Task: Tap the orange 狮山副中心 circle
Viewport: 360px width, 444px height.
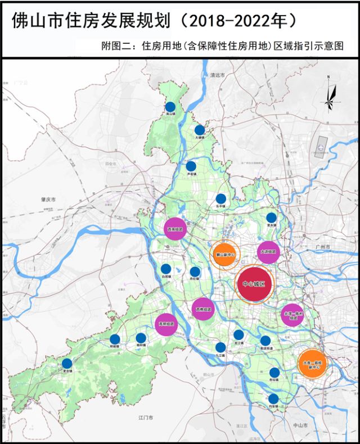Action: [x=226, y=255]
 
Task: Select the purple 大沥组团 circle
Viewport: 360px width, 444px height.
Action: [x=268, y=252]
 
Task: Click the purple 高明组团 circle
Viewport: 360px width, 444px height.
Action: [x=166, y=324]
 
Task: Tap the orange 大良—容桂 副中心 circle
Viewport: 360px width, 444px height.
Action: [x=311, y=363]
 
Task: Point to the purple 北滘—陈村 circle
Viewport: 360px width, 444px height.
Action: [x=292, y=315]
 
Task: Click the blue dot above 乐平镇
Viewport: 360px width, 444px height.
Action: [x=221, y=198]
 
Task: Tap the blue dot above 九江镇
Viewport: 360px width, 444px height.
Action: [x=220, y=347]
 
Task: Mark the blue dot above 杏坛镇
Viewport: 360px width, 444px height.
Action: [x=274, y=372]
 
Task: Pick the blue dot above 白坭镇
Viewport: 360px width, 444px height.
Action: [x=166, y=269]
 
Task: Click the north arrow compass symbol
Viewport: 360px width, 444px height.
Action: [x=331, y=96]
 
